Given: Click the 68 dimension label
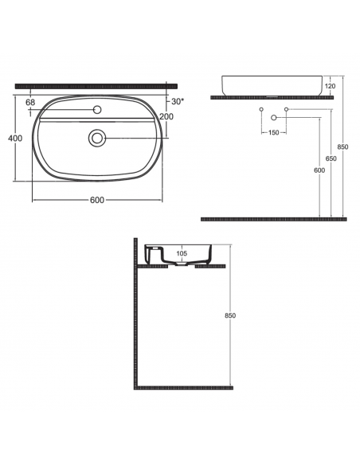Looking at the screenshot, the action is pos(30,102).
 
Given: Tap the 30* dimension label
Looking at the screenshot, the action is pos(178,101).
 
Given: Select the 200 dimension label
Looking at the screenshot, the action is pos(166,116).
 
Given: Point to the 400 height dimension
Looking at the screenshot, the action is pos(15,139).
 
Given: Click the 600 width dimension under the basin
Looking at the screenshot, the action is pos(97,200).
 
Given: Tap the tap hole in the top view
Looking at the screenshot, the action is pos(97,110).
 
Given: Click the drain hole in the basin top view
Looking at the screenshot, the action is pos(96,138).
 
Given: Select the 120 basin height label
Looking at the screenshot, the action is pos(330,86).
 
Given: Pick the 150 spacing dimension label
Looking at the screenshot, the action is pos(273,132).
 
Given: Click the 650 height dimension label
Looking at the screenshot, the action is pos(331,158).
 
